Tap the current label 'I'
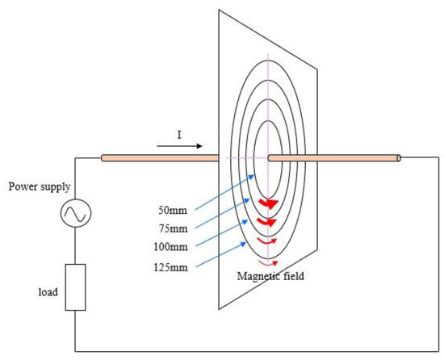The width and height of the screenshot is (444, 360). click(179, 135)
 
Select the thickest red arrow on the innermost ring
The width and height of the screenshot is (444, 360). click(268, 203)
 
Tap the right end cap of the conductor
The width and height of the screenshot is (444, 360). click(398, 158)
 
